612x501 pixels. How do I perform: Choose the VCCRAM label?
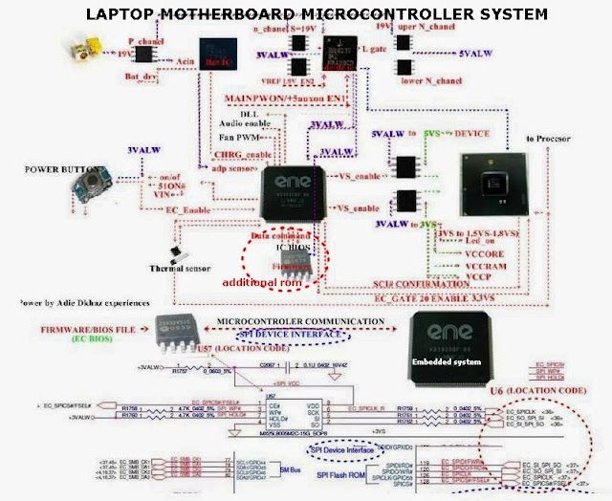point(462,267)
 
